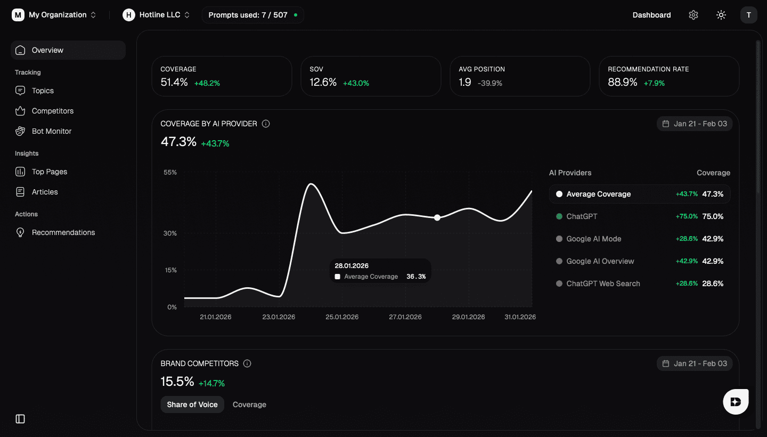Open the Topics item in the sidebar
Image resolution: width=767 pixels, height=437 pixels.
point(43,91)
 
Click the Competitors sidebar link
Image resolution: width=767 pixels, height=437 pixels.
point(52,111)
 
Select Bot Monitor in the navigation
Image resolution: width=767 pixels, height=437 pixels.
point(51,131)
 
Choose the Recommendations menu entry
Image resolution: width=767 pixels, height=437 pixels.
point(63,232)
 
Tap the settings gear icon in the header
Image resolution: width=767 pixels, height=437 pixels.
point(693,15)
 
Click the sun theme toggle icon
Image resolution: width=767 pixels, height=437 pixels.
point(721,15)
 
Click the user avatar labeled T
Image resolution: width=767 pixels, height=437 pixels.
point(748,15)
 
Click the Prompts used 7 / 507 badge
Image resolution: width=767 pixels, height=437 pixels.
point(252,15)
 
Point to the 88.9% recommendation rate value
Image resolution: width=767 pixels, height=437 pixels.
point(622,83)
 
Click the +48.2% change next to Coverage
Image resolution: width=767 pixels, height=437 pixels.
point(207,83)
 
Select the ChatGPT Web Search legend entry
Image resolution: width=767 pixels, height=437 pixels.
point(603,284)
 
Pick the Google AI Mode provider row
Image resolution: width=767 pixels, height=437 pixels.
point(593,239)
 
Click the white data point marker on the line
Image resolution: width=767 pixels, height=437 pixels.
point(437,217)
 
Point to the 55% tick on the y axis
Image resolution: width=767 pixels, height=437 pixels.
point(170,172)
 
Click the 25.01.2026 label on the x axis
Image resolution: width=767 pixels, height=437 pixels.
point(342,317)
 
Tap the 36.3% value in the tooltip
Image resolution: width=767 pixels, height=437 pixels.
point(416,277)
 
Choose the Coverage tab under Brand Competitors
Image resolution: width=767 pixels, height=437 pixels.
point(249,404)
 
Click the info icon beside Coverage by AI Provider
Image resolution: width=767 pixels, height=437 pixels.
point(266,124)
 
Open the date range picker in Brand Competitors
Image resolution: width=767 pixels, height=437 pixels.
point(695,363)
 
